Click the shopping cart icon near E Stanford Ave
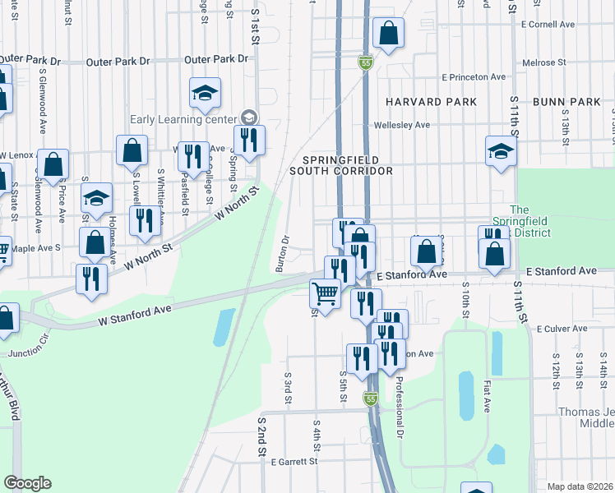pos(326,293)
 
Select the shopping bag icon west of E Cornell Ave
pos(388,34)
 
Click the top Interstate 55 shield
pos(366,62)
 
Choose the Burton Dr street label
pos(281,254)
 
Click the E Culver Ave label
pos(562,328)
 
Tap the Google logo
pos(27,483)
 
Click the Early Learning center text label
pos(177,117)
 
